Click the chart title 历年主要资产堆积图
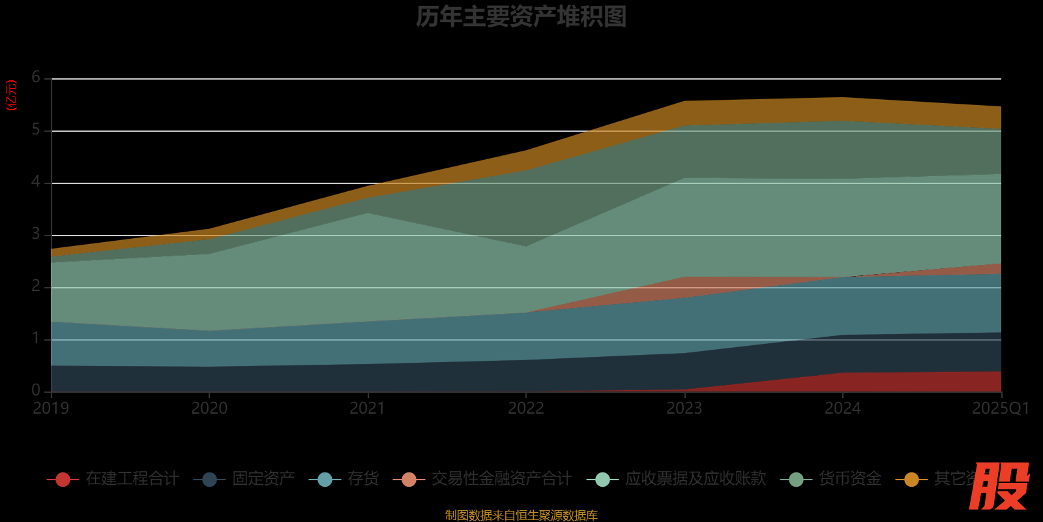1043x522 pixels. pos(521,17)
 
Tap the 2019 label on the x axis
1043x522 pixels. pos(51,408)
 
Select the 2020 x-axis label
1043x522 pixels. pos(209,408)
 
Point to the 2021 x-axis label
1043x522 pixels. pos(368,408)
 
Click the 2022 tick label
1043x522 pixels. pos(526,408)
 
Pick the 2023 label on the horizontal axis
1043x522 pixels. pos(684,408)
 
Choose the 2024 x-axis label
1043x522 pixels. pos(842,408)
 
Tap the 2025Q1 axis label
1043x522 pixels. pos(1000,408)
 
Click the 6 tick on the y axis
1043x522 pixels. pos(36,78)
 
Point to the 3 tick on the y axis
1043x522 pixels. pos(36,234)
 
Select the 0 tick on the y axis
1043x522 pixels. pos(36,390)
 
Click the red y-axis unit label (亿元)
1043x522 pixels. pos(11,95)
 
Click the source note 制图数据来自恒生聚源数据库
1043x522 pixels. pos(521,515)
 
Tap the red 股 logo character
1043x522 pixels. pos(999,486)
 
